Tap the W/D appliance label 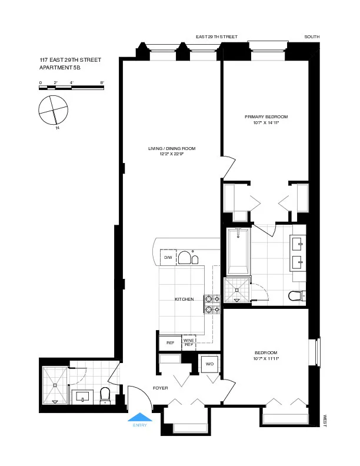(209, 364)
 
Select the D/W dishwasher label (168, 258)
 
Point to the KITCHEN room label (184, 299)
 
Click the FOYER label (161, 388)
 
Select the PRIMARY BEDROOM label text (266, 117)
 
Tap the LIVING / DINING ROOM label (172, 148)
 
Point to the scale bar (72, 88)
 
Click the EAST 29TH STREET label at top (216, 37)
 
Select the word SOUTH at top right (312, 37)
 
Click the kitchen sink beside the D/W (186, 258)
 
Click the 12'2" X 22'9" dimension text (172, 154)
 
